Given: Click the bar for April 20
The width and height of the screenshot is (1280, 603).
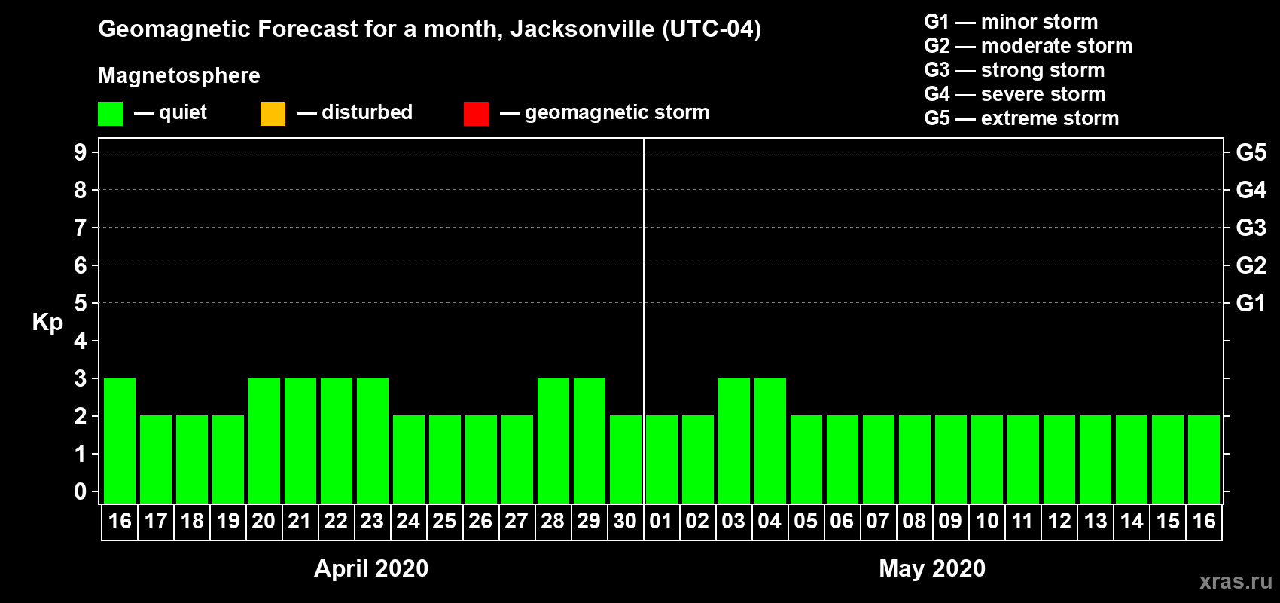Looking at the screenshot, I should click(264, 440).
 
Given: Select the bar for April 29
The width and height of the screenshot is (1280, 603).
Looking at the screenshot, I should click(590, 440).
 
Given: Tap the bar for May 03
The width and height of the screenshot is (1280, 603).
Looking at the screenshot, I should click(734, 440).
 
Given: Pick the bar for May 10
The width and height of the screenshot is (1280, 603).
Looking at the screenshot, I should click(987, 459).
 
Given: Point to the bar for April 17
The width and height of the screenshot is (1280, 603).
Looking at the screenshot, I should click(156, 459).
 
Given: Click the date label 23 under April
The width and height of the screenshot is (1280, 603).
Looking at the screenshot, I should click(372, 521).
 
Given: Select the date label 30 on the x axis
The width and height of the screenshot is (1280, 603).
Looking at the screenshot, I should click(625, 521).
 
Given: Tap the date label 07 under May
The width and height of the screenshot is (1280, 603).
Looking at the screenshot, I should click(878, 521).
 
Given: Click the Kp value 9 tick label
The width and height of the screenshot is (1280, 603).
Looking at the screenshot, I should click(81, 152).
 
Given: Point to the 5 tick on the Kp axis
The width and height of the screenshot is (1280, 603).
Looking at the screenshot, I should click(81, 303).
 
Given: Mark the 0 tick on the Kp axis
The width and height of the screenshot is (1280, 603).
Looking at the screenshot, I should click(81, 491).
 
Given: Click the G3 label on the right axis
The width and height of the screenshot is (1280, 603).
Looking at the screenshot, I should click(1251, 228).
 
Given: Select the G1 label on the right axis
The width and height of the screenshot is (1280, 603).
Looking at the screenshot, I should click(1251, 303).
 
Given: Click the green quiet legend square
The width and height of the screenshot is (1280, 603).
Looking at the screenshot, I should click(110, 114).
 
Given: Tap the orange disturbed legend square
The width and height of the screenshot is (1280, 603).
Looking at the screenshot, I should click(273, 114).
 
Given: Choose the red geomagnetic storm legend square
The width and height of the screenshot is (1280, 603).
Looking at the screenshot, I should click(476, 114).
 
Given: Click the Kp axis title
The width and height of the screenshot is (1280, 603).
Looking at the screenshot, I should click(47, 322).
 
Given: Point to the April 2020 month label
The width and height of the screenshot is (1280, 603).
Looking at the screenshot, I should click(371, 568).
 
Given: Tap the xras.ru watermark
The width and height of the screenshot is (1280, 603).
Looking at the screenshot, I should click(1236, 581).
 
